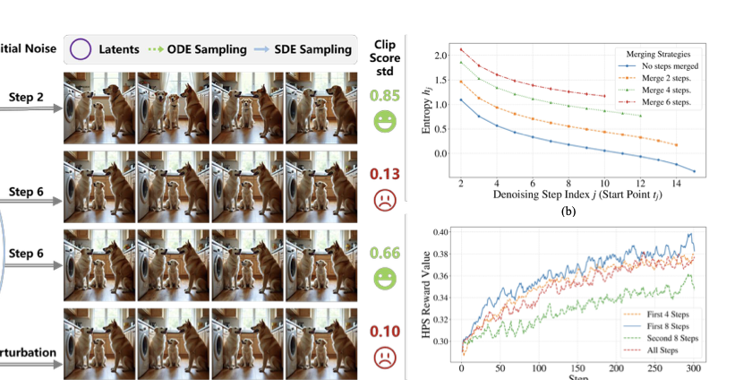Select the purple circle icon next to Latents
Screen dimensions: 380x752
(x=81, y=49)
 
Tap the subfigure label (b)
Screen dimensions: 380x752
(x=568, y=212)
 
